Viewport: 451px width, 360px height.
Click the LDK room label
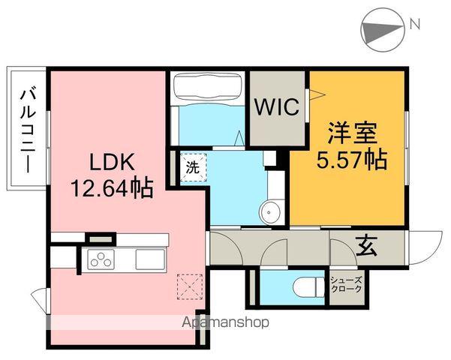coord(112,161)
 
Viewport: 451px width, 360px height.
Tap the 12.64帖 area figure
coord(112,186)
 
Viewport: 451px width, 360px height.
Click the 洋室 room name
coord(351,136)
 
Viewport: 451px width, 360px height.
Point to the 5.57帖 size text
coord(351,160)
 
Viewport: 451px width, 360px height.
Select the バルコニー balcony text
coord(28,130)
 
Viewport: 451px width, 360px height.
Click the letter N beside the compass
coord(413,25)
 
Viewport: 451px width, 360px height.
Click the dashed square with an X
coord(185,286)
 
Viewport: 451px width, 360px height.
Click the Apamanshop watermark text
coord(224,323)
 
